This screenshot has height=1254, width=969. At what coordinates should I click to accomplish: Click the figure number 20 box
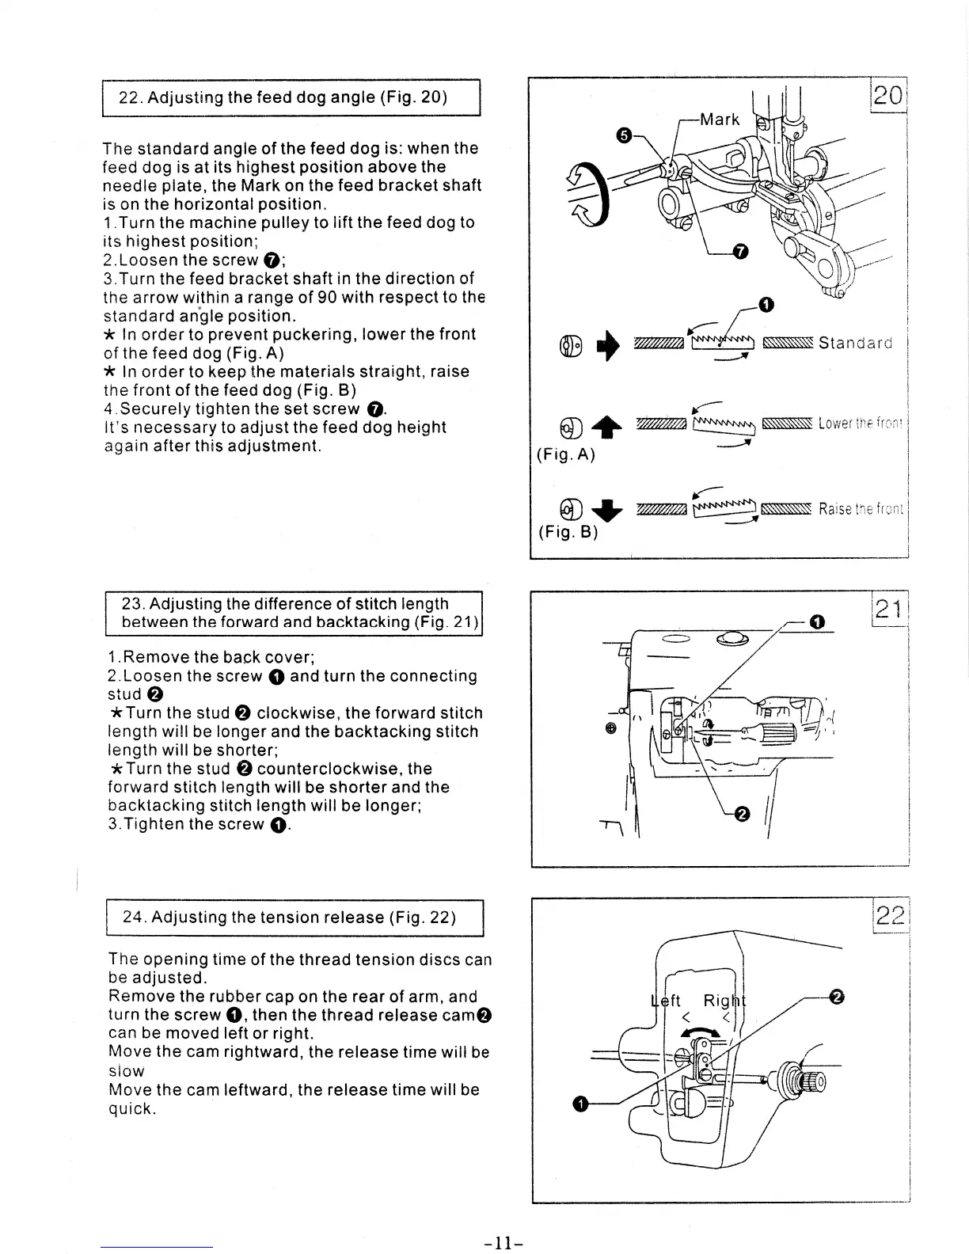click(889, 95)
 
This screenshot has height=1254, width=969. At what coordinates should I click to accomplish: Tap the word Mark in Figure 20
click(720, 120)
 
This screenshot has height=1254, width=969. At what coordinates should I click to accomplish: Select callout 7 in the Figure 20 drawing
click(739, 252)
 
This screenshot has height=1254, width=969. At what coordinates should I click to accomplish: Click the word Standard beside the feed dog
click(855, 343)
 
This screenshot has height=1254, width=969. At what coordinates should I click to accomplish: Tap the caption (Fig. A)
click(565, 454)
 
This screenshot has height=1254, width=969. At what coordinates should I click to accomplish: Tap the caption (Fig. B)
click(567, 531)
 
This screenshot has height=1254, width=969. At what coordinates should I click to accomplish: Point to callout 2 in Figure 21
click(741, 815)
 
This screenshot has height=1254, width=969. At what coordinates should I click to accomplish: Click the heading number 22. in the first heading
click(130, 98)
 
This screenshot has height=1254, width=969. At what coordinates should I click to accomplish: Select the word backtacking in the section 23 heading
click(363, 622)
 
